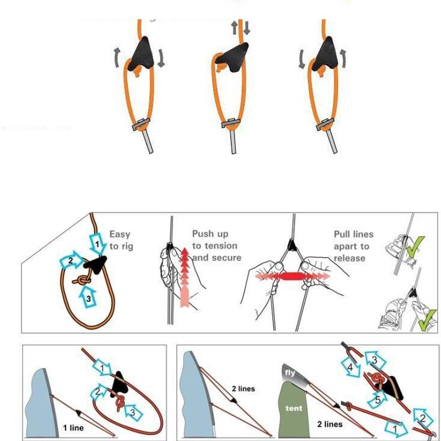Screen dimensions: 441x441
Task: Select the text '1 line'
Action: [73, 428]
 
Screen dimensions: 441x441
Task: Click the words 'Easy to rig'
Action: [121, 240]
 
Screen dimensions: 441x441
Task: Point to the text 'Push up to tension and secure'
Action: [217, 245]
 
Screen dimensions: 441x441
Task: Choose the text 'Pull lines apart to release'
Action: [354, 246]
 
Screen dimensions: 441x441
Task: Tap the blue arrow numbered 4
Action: [351, 366]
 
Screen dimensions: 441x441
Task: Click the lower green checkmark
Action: [427, 320]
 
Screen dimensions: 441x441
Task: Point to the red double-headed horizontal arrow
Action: [292, 276]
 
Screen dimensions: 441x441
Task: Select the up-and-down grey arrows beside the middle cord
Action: [240, 28]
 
